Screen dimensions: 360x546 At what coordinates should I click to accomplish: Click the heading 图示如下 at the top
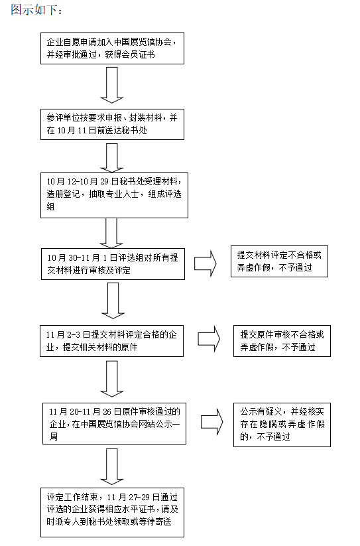(x=36, y=10)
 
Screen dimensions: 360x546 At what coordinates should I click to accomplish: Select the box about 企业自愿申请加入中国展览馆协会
(x=112, y=48)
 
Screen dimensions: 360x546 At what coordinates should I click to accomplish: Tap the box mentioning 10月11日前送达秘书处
(x=112, y=124)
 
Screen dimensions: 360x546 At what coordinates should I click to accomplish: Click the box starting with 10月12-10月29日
(x=115, y=195)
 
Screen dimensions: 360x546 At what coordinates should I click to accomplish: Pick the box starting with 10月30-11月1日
(x=113, y=264)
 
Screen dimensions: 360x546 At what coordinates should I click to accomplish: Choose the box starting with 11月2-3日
(x=111, y=341)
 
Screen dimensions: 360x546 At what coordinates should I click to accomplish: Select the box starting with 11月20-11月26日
(x=115, y=423)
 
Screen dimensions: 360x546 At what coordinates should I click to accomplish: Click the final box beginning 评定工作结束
(x=112, y=512)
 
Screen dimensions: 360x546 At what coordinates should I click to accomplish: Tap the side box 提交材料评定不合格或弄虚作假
(x=279, y=261)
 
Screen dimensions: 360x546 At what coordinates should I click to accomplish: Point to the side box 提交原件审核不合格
(x=282, y=341)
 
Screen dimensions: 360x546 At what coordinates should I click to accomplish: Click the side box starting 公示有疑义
(x=282, y=425)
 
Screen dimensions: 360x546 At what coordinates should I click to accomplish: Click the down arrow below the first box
(x=112, y=85)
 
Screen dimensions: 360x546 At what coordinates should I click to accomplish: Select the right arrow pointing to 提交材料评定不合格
(x=206, y=263)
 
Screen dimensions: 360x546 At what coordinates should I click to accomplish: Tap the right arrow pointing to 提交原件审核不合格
(x=209, y=339)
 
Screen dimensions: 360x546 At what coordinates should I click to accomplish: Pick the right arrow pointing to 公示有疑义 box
(x=212, y=422)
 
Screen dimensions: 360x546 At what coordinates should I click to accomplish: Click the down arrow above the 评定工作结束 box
(x=112, y=466)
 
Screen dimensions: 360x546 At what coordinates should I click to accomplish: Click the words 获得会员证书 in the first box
(x=130, y=54)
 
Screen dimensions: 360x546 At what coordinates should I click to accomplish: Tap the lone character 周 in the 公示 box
(x=54, y=437)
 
